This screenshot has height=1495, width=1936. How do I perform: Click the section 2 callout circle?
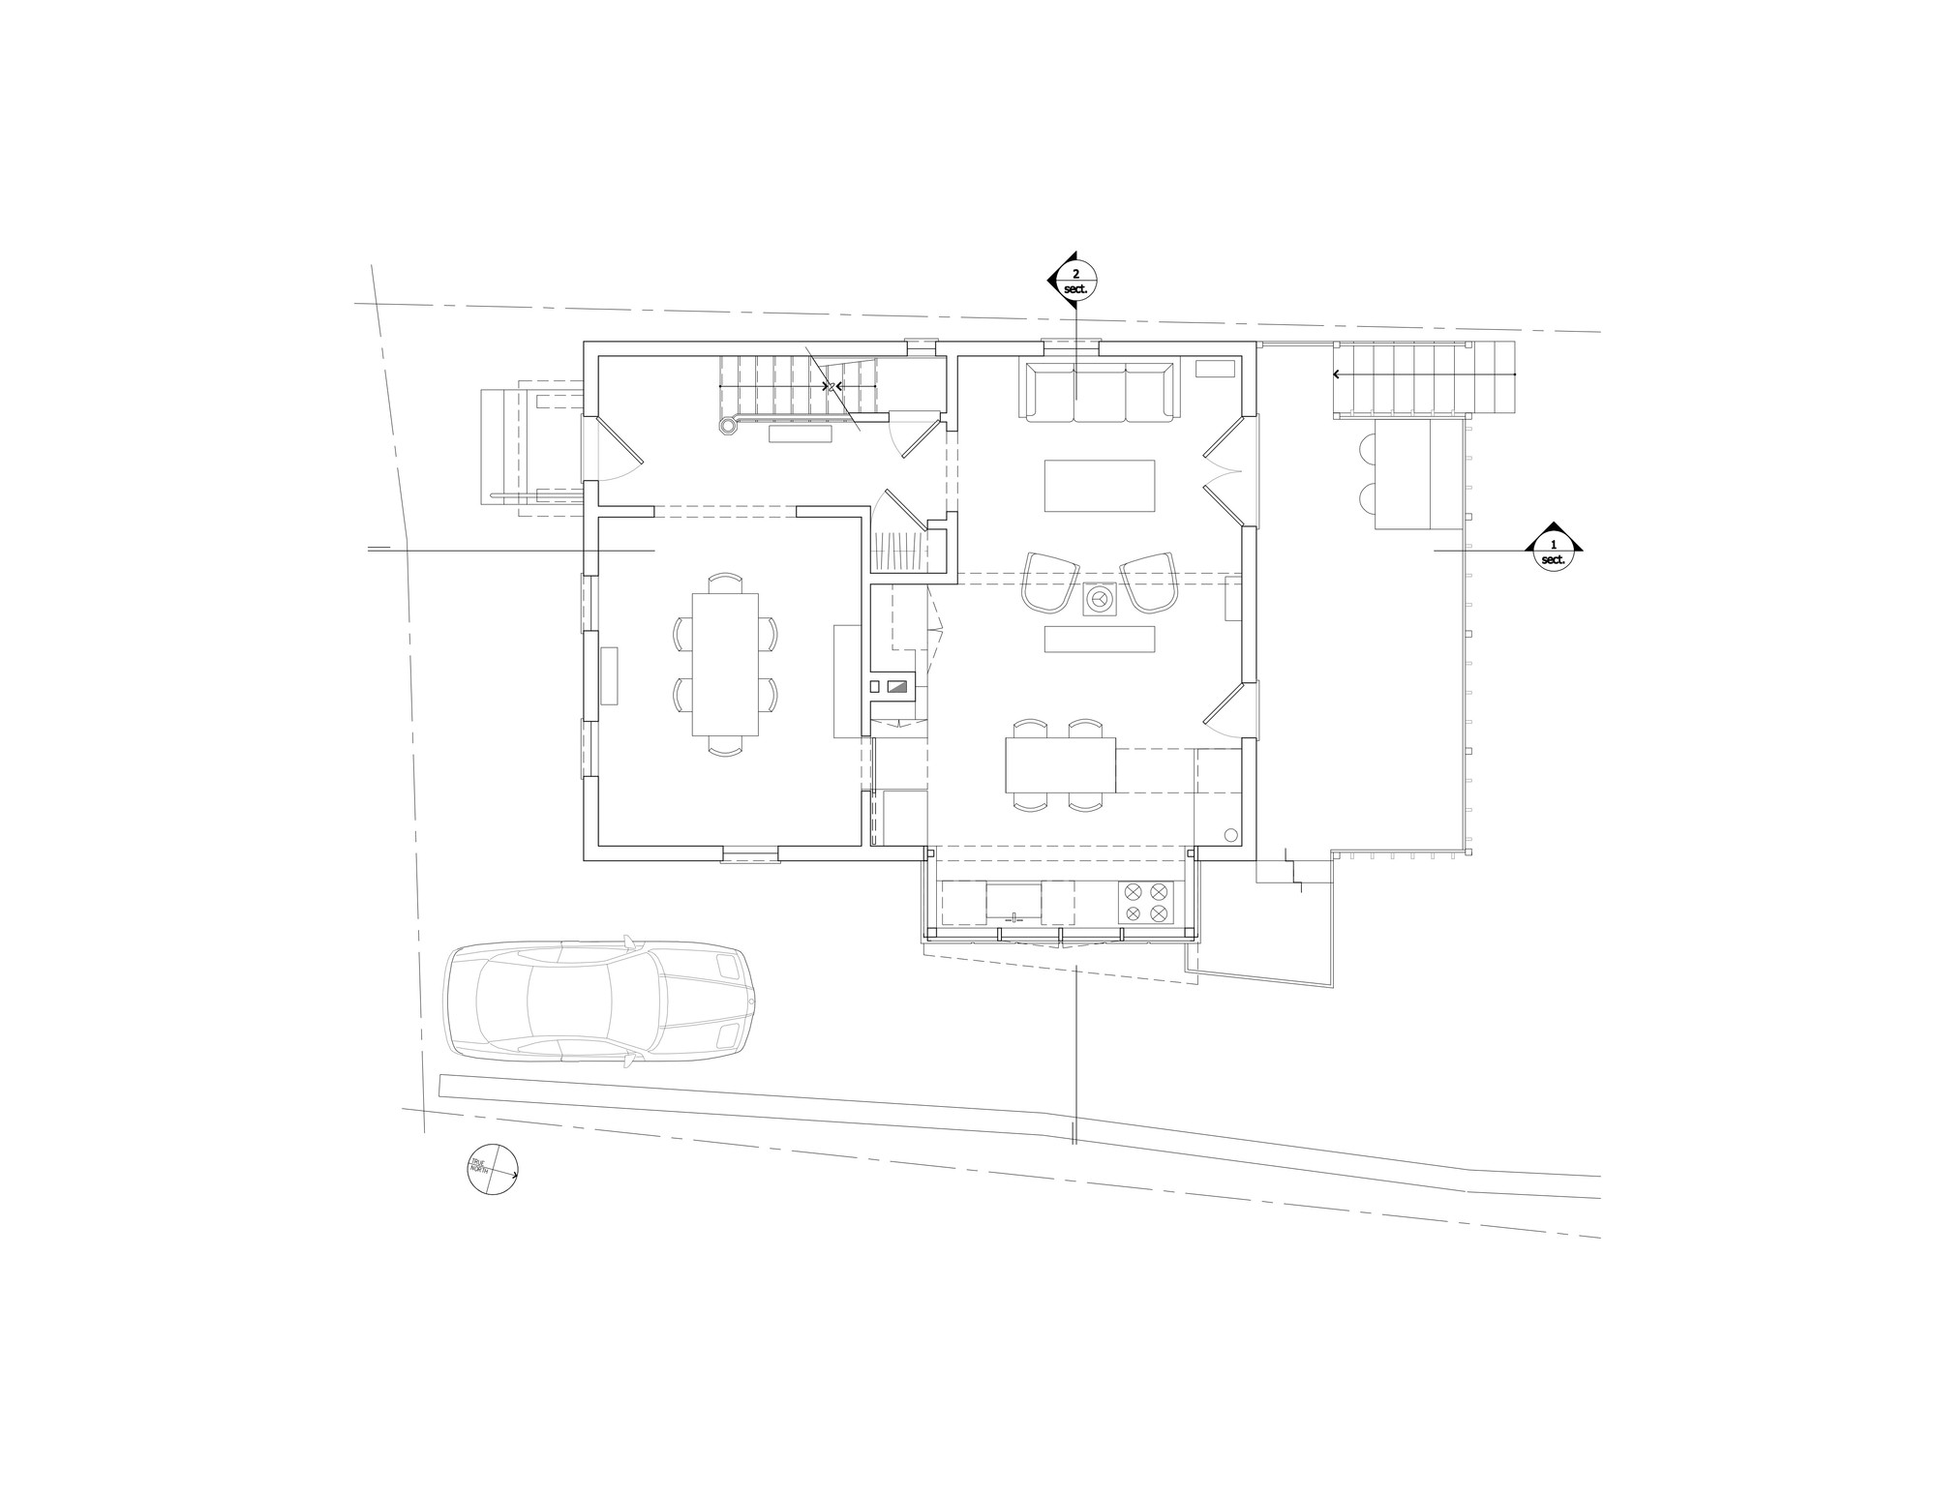click(x=1075, y=281)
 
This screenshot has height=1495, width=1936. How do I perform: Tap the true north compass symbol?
click(x=493, y=1169)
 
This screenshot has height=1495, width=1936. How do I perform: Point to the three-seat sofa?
click(x=1099, y=391)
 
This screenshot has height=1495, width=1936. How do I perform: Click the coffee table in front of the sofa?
click(x=1100, y=486)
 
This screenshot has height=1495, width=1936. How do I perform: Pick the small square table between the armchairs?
click(x=1100, y=600)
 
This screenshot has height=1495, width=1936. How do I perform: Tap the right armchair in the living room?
click(x=1148, y=582)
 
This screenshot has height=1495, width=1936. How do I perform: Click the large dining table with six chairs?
click(x=725, y=665)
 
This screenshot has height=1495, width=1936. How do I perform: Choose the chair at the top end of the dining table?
click(x=725, y=583)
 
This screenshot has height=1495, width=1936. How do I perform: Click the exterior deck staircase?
click(x=1423, y=379)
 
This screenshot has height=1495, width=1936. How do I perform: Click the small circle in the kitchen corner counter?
click(x=1231, y=835)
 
